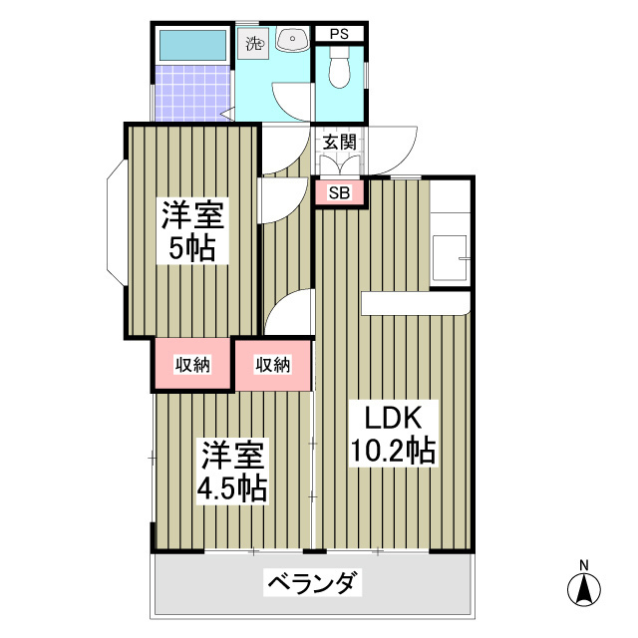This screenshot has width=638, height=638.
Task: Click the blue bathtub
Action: point(193,44)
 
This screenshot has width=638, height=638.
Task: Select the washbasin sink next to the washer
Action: point(292,41)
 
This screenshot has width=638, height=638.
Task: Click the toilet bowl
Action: point(337,72)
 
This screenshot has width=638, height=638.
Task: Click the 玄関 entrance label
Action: point(339,142)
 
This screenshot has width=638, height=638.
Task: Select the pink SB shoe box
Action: point(339,193)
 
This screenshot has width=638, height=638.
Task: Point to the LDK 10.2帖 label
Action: point(393,434)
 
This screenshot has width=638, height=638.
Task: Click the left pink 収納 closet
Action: point(193,365)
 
